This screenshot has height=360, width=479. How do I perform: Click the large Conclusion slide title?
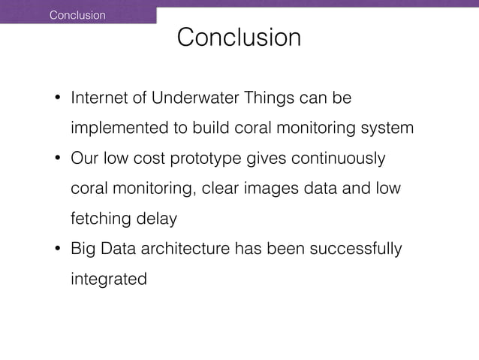239,38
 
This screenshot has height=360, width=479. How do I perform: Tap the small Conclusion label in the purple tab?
77,15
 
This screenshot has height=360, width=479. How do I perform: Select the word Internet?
101,98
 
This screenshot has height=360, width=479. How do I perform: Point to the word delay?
156,219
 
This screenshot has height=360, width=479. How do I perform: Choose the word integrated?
109,279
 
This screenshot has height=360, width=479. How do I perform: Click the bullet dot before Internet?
56,99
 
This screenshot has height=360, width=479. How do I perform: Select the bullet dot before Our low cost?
56,160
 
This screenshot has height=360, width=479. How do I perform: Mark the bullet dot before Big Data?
56,250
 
